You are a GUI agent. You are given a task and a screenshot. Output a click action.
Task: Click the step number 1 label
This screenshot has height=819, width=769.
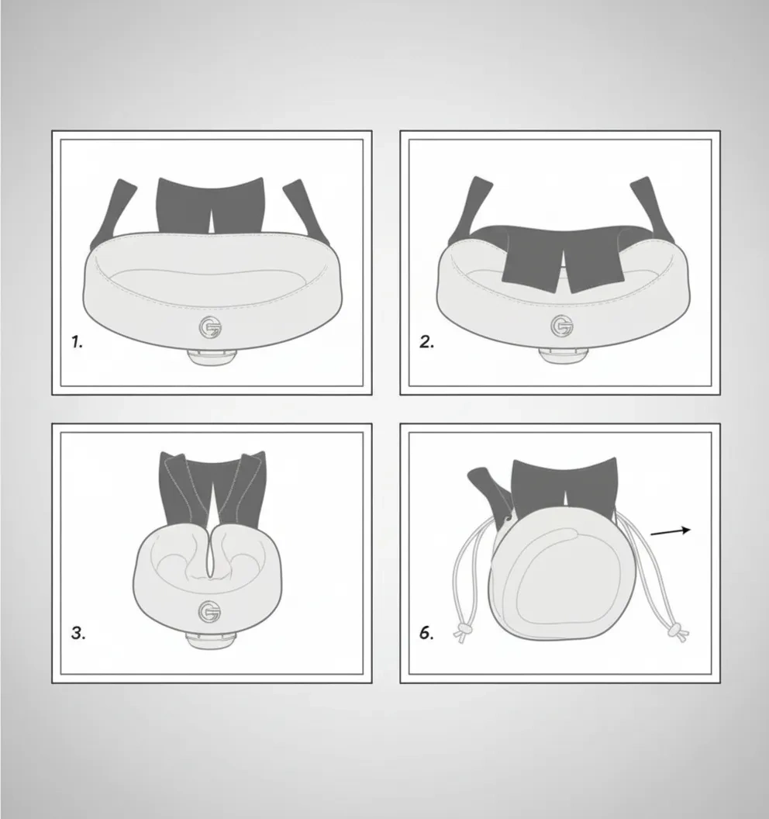click(x=78, y=343)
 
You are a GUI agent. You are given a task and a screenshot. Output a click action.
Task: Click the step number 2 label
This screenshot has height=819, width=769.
click(x=426, y=343)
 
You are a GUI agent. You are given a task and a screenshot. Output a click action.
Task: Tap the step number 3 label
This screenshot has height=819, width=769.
click(x=78, y=634)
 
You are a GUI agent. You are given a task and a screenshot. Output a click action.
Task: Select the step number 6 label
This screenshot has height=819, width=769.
click(x=426, y=633)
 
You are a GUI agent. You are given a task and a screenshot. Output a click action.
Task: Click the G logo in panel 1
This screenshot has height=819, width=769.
click(x=210, y=328)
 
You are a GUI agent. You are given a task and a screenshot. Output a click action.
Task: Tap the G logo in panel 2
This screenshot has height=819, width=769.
click(x=562, y=326)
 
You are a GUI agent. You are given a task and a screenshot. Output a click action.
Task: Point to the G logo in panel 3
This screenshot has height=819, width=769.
click(x=210, y=612)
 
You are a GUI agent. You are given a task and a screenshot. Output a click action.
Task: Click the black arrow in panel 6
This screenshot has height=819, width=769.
click(x=671, y=531)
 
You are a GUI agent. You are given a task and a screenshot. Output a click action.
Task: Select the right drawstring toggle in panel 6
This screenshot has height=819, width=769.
click(x=678, y=631)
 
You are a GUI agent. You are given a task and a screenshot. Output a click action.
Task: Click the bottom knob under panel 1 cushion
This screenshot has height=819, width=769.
click(x=212, y=357)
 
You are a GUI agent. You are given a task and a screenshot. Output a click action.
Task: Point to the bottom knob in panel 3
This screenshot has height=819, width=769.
click(x=212, y=640)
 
